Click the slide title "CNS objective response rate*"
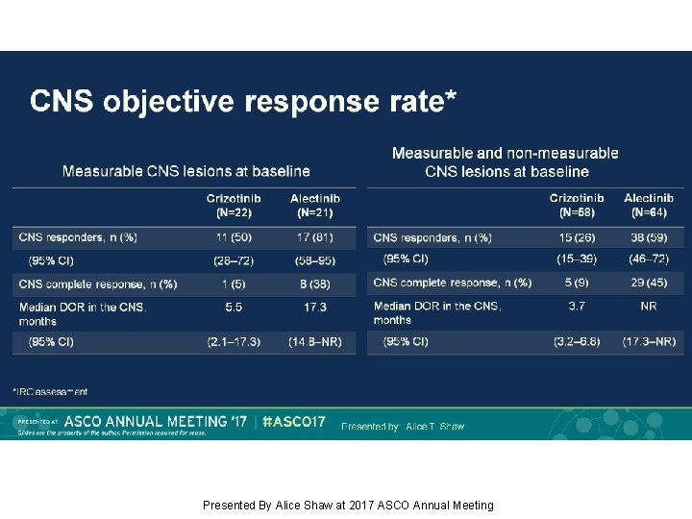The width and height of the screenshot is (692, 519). click(243, 101)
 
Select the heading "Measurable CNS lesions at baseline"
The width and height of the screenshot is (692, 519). click(186, 171)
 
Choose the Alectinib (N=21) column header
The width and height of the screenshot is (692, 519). click(314, 205)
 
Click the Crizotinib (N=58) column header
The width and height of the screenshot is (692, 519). click(577, 205)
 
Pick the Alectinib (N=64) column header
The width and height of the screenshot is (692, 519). click(649, 205)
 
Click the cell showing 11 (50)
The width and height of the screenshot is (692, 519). click(233, 237)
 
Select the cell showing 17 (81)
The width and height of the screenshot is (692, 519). click(314, 237)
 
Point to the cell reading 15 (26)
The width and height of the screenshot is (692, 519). click(577, 237)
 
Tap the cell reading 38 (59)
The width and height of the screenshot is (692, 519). click(649, 237)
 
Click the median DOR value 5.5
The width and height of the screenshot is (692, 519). click(233, 308)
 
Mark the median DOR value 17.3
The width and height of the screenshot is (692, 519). click(314, 308)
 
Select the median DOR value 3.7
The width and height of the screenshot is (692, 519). click(577, 307)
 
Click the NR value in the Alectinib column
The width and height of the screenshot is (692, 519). click(649, 307)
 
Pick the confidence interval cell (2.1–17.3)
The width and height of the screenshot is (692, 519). click(233, 341)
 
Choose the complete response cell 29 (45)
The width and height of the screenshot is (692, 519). click(649, 283)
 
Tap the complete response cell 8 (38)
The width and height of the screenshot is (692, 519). click(314, 284)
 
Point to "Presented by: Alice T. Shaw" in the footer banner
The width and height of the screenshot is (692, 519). click(403, 426)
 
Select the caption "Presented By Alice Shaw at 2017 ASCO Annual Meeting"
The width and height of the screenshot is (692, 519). click(348, 506)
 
